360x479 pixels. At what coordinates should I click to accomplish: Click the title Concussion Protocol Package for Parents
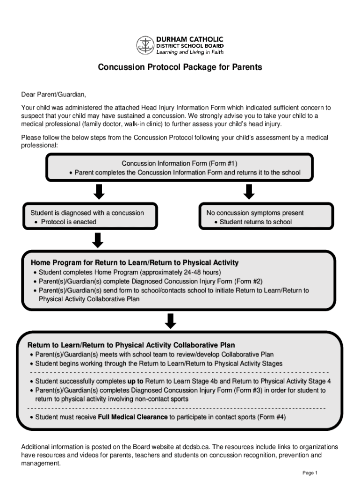(180, 67)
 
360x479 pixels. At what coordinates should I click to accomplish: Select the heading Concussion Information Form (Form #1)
(180, 163)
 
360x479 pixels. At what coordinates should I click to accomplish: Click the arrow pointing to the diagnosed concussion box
(99, 191)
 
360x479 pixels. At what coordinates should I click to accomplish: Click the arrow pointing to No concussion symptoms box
(249, 191)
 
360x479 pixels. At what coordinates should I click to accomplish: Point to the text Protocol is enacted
(68, 222)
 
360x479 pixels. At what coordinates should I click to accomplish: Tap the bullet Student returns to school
(255, 222)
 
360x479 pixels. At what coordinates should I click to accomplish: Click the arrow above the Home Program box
(98, 240)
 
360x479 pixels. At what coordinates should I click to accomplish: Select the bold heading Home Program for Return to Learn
(135, 262)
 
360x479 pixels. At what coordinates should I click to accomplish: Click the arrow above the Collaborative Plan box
(171, 320)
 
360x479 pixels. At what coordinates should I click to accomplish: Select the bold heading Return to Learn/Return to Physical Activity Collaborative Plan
(131, 345)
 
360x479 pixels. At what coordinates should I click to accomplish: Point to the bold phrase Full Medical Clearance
(132, 417)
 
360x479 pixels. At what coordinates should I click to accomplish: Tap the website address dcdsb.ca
(194, 447)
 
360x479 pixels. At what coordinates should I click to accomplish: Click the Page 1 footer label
(310, 472)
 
